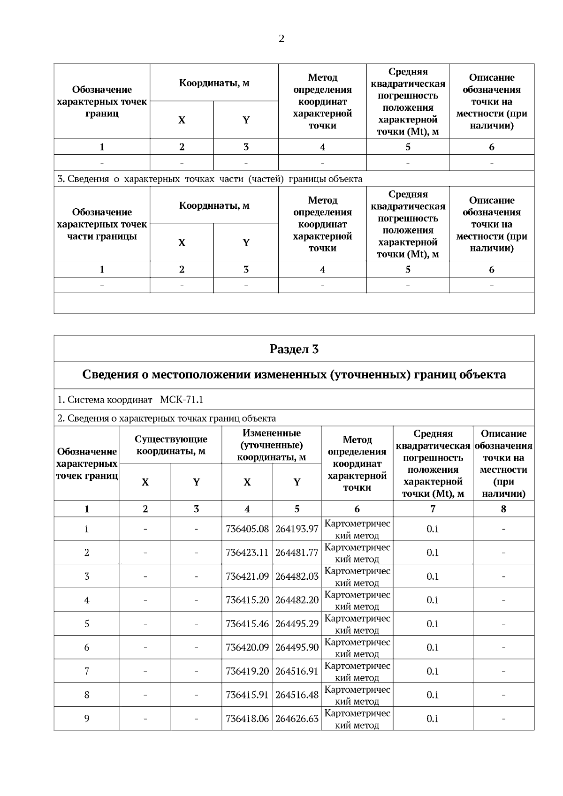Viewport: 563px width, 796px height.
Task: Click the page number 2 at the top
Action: [x=281, y=39]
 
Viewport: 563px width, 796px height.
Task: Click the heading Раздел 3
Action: [x=294, y=349]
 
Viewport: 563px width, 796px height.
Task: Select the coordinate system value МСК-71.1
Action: [x=181, y=400]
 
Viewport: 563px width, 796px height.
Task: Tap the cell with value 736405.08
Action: [x=247, y=529]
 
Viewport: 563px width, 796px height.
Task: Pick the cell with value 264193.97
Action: [x=297, y=529]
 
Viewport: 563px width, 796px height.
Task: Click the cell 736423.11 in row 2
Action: [x=247, y=553]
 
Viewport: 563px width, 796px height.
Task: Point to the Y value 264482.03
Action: [x=297, y=576]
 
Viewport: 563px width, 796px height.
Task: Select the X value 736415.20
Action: [x=247, y=600]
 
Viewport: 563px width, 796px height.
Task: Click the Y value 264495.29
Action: [x=297, y=624]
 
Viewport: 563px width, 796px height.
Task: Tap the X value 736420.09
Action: [x=247, y=647]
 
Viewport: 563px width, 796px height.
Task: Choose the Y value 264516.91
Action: [x=297, y=671]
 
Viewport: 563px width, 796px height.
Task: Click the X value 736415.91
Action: [x=247, y=695]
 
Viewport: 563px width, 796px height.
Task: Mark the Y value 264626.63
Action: [x=297, y=719]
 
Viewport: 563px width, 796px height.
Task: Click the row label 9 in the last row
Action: [x=87, y=719]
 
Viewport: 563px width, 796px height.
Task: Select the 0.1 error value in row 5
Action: [x=433, y=624]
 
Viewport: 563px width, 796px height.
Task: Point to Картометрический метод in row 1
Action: [x=357, y=529]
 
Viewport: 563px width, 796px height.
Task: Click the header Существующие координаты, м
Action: [x=171, y=445]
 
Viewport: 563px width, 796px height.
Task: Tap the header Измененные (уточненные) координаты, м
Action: [x=271, y=445]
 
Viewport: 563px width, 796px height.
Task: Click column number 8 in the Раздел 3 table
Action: [x=503, y=509]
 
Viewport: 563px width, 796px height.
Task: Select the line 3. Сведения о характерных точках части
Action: [x=210, y=179]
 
